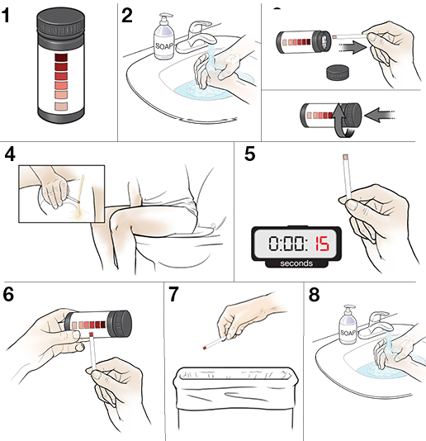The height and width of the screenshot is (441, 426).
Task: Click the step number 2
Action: pyautogui.click(x=127, y=16)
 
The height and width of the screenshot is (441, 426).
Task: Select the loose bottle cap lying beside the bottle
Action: pyautogui.click(x=335, y=71)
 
